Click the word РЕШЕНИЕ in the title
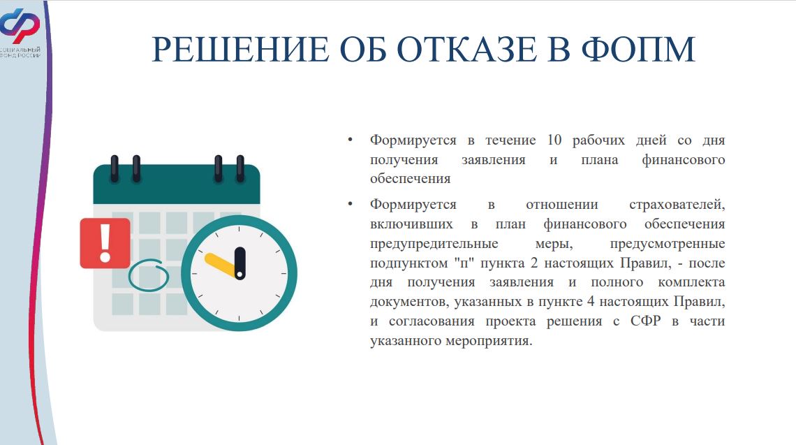tap(240, 50)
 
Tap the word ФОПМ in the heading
tap(638, 50)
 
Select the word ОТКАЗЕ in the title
tap(467, 50)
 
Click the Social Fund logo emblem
tap(20, 25)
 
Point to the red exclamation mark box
tap(105, 243)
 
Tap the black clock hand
tap(240, 263)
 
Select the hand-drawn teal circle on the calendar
tap(148, 275)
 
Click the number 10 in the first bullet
tap(554, 140)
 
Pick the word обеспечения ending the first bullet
tap(410, 179)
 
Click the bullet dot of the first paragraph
tap(350, 140)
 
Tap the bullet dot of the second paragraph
tap(350, 204)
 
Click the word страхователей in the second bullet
tap(677, 205)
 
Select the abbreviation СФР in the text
tap(645, 321)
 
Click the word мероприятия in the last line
tap(489, 341)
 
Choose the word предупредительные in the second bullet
tap(434, 244)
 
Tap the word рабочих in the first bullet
tap(598, 140)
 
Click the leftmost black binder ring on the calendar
tap(115, 168)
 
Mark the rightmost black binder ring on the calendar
tap(240, 168)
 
